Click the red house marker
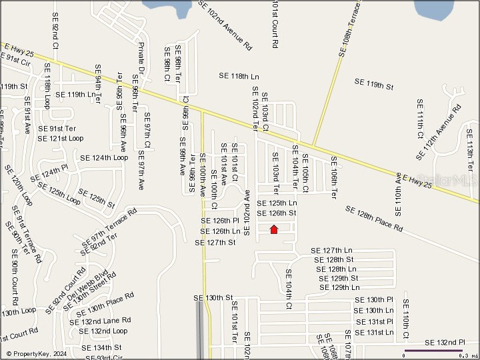click(273, 229)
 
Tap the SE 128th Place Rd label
click(374, 219)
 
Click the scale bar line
click(433, 350)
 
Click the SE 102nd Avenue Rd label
click(226, 25)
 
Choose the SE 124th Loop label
click(103, 158)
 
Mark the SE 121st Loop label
click(61, 139)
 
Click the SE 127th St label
click(215, 243)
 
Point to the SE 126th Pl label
click(220, 221)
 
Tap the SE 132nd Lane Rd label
click(103, 321)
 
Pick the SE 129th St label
click(339, 278)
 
